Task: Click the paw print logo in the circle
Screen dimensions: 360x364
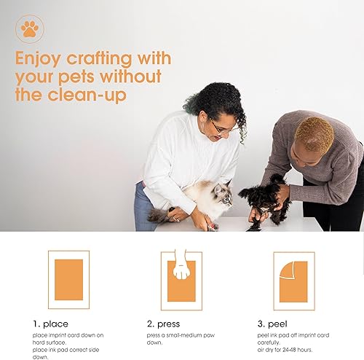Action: pos(30,30)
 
